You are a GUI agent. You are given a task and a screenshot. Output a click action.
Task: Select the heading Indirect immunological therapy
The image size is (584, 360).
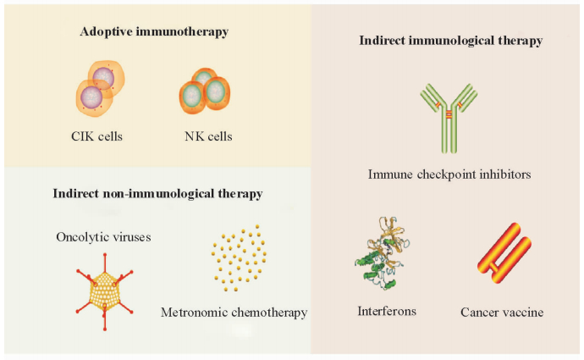[x=450, y=40]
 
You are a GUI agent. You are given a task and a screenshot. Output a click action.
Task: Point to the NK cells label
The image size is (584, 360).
[x=207, y=136]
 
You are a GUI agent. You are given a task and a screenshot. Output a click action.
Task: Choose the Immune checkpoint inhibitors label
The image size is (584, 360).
[x=449, y=175]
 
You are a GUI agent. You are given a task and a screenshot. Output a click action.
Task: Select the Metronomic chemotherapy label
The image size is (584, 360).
[x=234, y=313]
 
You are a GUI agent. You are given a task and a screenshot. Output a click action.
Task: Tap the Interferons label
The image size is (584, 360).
[x=386, y=311]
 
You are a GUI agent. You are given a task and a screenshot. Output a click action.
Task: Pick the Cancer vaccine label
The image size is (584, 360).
[x=502, y=313]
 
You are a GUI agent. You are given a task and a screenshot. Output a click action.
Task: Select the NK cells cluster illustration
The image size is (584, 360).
[x=204, y=89]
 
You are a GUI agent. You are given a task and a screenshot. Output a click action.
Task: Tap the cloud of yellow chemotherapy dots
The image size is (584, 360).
[x=245, y=261]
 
